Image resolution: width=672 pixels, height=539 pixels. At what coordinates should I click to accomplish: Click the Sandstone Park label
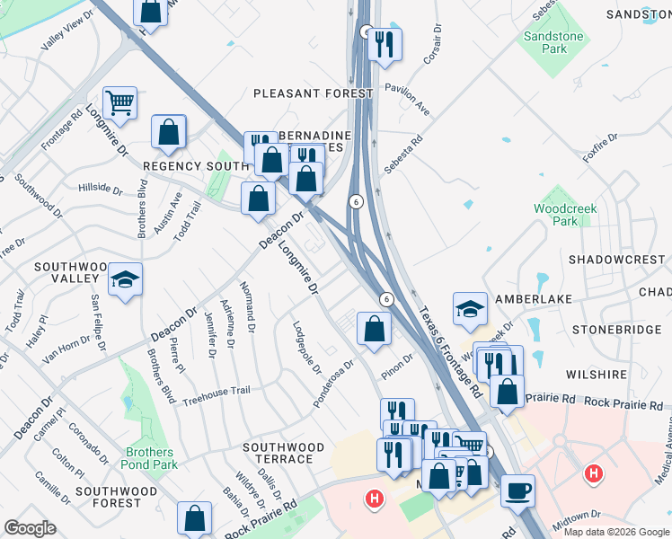pos(554,42)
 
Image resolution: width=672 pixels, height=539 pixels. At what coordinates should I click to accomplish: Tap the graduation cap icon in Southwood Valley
pos(126,279)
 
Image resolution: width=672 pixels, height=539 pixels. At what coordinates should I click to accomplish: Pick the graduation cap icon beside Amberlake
pos(470,310)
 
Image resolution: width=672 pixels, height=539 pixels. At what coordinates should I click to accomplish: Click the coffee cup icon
pos(517,490)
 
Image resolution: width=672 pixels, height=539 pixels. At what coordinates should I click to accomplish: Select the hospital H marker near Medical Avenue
pos(592,473)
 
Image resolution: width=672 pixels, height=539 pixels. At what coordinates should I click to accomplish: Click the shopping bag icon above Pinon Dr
pos(374,329)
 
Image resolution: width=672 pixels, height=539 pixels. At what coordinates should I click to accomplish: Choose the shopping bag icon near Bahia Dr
pos(194,518)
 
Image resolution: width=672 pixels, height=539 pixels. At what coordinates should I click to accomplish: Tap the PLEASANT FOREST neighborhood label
pos(313,93)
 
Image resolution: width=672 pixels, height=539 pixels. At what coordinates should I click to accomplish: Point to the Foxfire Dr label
pos(601,146)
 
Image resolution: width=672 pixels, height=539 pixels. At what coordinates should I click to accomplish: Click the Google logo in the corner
pos(30,528)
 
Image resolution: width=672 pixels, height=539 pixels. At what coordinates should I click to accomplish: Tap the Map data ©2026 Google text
pos(616,532)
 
